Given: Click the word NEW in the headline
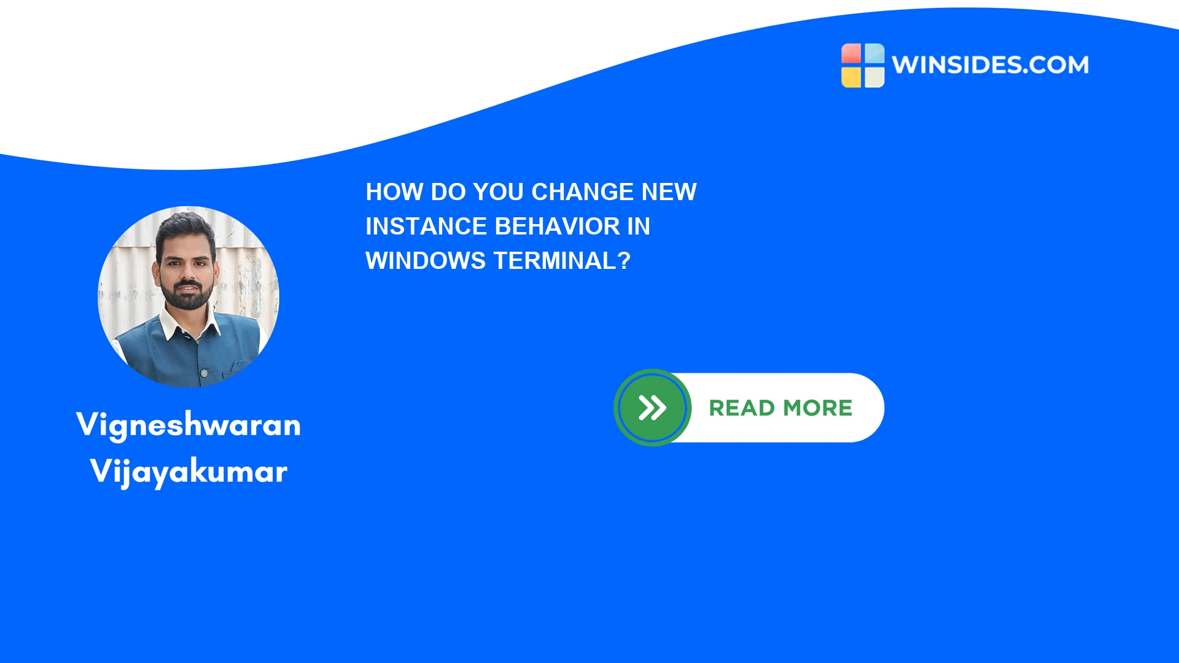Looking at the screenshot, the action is tap(669, 192).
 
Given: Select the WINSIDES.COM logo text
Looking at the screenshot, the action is tap(990, 64).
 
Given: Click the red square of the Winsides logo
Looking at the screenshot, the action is tap(851, 53).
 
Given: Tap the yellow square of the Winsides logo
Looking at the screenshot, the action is tap(851, 77).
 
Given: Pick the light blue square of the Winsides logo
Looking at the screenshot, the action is tap(874, 53).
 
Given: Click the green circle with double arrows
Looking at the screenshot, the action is tap(653, 408).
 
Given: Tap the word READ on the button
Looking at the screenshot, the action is tap(742, 408).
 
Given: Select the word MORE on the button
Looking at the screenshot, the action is tap(818, 408).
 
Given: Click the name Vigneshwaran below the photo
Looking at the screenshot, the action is tap(189, 425).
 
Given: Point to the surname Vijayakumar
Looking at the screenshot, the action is tap(189, 471).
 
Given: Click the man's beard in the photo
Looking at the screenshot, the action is tap(187, 295).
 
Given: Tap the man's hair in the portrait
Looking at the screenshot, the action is tap(185, 228).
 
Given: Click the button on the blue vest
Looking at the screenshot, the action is tap(204, 373).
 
